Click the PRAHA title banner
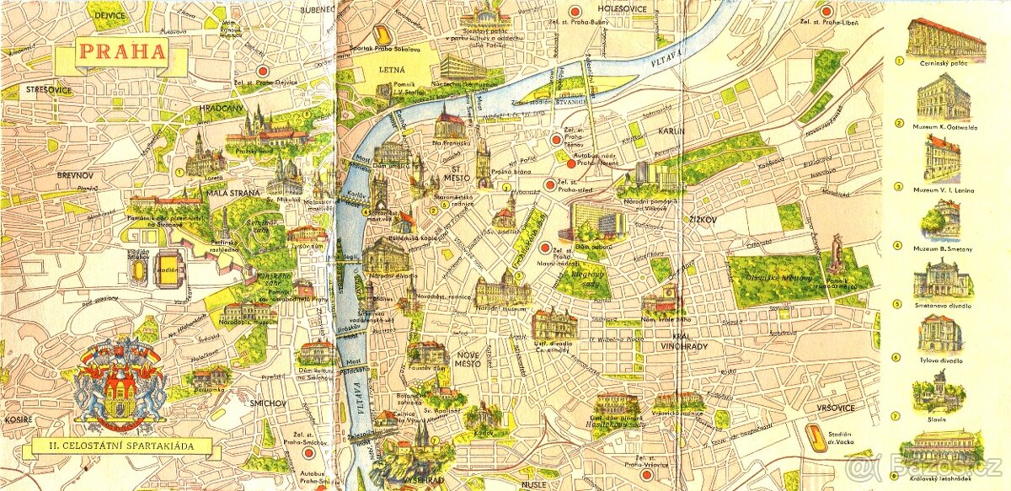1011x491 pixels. (x=121, y=52)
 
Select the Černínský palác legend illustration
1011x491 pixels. (x=945, y=38)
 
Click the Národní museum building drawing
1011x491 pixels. (x=502, y=291)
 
